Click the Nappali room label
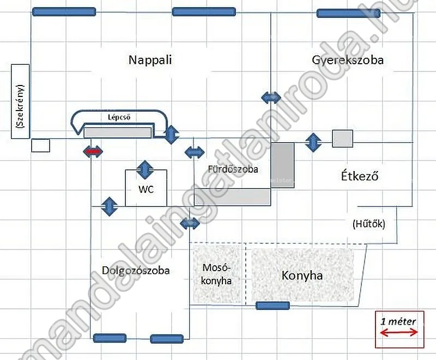pos(150,59)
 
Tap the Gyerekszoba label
pos(348,59)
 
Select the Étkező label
pos(360,176)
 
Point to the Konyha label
pos(302,276)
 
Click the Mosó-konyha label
pos(217,274)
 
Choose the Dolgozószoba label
pos(136,270)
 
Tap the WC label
pos(145,190)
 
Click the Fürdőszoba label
pos(233,169)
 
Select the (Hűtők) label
pos(368,223)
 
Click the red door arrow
pos(92,151)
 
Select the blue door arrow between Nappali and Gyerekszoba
pos(271,97)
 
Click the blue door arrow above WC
pos(144,169)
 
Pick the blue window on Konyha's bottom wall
pos(272,306)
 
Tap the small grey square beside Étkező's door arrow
pos(342,138)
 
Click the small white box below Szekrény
pos(40,145)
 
